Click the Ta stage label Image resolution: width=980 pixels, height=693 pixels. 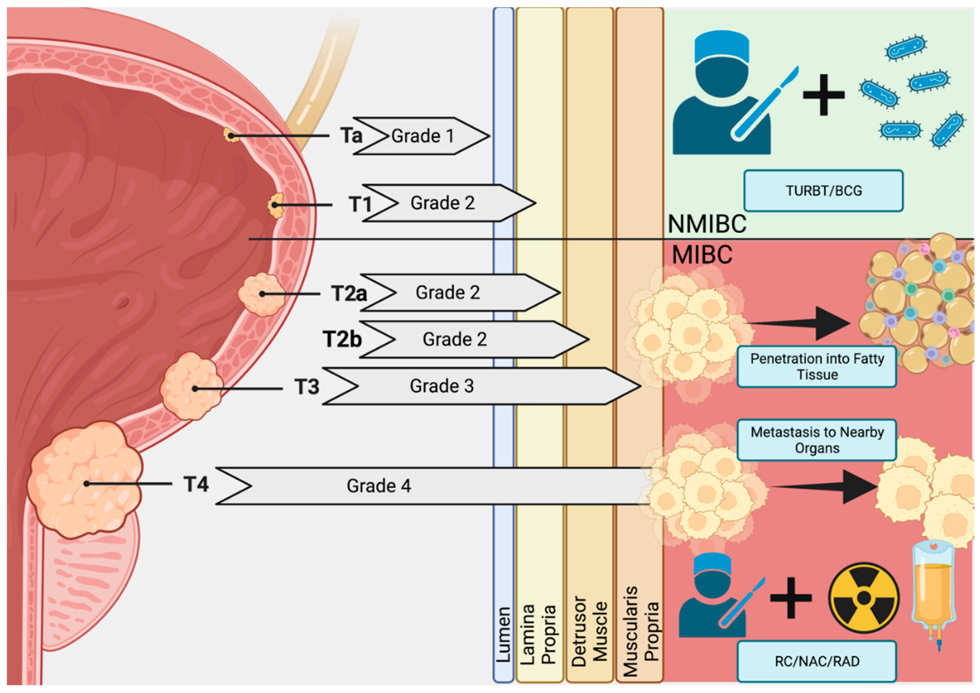click(x=351, y=136)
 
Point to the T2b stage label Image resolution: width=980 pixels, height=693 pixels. click(x=342, y=339)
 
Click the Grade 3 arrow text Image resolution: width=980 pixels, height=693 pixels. click(x=441, y=386)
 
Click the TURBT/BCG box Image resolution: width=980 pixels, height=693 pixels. click(x=823, y=191)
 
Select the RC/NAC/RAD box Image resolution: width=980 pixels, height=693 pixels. click(x=816, y=661)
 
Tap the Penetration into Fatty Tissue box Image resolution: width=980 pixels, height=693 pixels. click(x=816, y=366)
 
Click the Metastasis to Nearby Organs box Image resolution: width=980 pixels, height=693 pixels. click(x=816, y=440)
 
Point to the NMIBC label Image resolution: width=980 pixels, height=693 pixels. click(x=707, y=224)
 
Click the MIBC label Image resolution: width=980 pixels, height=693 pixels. click(x=702, y=255)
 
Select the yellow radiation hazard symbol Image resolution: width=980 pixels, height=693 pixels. click(x=863, y=597)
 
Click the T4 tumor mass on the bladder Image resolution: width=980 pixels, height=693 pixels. click(x=84, y=480)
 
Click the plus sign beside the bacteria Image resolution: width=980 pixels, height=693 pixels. click(x=823, y=95)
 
